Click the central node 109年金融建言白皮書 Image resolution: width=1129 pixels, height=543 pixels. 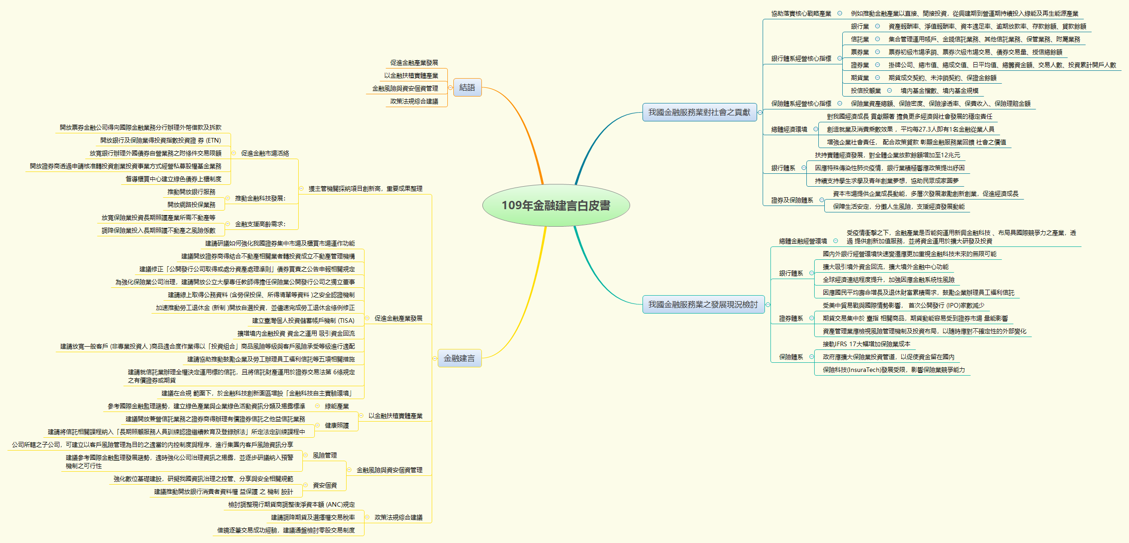pyautogui.click(x=556, y=206)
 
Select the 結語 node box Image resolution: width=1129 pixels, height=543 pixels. pyautogui.click(x=467, y=87)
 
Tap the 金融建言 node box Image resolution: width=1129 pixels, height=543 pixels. pyautogui.click(x=459, y=358)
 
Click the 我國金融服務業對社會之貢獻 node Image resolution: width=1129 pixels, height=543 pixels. pyautogui.click(x=699, y=112)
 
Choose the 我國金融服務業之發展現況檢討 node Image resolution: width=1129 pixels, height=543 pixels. pyautogui.click(x=703, y=304)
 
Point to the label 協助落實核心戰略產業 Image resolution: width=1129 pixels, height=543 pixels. pyautogui.click(x=801, y=14)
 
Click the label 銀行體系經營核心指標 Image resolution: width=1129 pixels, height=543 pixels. pyautogui.click(x=801, y=58)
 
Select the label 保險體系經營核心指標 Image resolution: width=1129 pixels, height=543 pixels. pyautogui.click(x=801, y=103)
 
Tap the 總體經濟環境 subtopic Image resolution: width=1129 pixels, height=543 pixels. pyautogui.click(x=789, y=130)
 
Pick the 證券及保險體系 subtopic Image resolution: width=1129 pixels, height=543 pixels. pyautogui.click(x=792, y=200)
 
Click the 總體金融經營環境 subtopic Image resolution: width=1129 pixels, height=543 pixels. pyautogui.click(x=803, y=241)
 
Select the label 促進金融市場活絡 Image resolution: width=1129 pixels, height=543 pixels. pyautogui.click(x=265, y=153)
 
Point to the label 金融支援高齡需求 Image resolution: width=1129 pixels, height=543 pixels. pyautogui.click(x=260, y=224)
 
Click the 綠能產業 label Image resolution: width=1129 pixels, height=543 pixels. pyautogui.click(x=336, y=406)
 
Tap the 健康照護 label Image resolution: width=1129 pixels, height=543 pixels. pyautogui.click(x=336, y=425)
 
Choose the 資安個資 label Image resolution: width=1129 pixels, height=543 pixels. pyautogui.click(x=324, y=485)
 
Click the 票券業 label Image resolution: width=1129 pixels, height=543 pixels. pyautogui.click(x=860, y=52)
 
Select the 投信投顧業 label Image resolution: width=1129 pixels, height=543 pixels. pyautogui.click(x=866, y=91)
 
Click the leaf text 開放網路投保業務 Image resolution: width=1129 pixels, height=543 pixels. pyautogui.click(x=191, y=205)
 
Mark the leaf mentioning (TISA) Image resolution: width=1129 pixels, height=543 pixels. pyautogui.click(x=303, y=320)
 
